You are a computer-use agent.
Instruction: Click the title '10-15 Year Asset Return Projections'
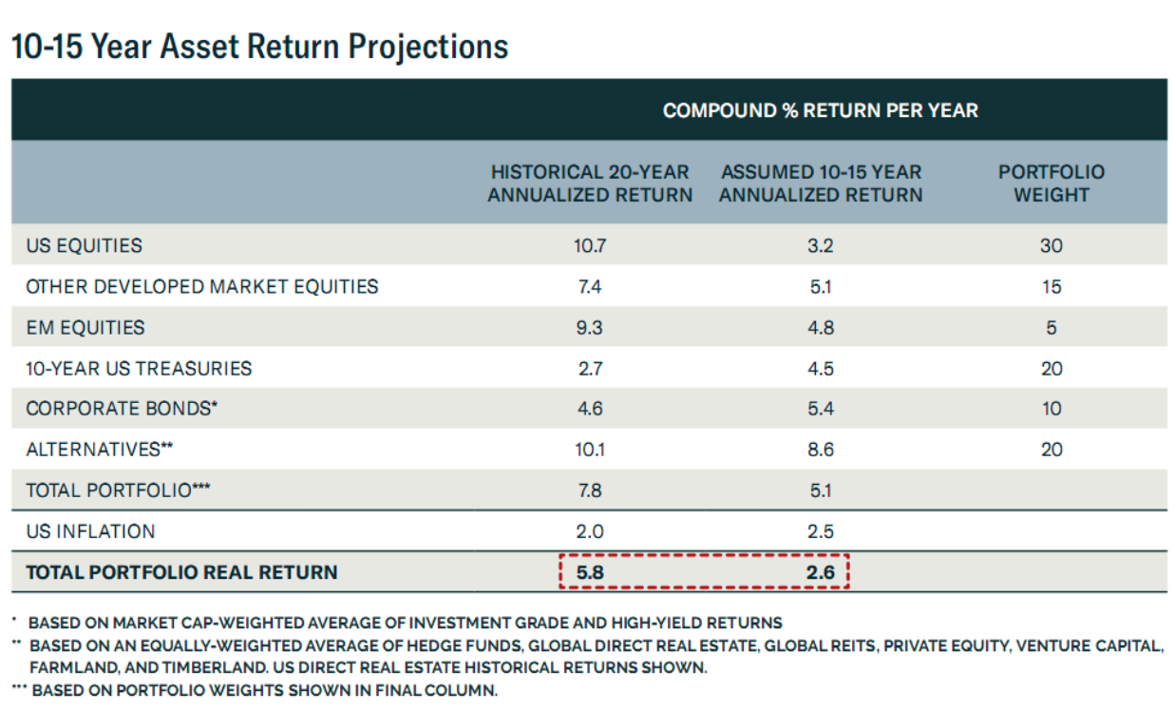(260, 47)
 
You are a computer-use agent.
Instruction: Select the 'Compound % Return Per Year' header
(820, 110)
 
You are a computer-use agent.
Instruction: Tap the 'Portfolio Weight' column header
(1051, 183)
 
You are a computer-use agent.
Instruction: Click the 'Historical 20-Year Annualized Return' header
(590, 183)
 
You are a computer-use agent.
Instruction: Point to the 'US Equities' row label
(84, 245)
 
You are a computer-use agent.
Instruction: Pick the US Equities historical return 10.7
(590, 245)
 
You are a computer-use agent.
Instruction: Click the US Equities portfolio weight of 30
(1051, 245)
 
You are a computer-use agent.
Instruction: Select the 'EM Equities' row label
(85, 328)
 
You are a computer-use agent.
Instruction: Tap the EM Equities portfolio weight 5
(1051, 328)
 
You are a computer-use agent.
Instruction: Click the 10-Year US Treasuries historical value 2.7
(590, 369)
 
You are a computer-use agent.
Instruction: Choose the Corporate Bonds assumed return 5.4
(821, 409)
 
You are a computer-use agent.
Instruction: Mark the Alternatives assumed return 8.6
(821, 450)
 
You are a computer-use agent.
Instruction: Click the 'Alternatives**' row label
(99, 450)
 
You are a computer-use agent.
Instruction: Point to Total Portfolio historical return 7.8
(590, 490)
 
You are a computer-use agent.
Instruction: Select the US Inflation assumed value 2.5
(821, 531)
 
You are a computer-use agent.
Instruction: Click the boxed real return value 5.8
(590, 572)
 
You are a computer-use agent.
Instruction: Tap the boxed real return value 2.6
(821, 572)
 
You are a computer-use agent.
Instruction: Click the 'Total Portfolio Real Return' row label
(181, 572)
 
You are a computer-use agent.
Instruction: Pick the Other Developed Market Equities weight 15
(1051, 286)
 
